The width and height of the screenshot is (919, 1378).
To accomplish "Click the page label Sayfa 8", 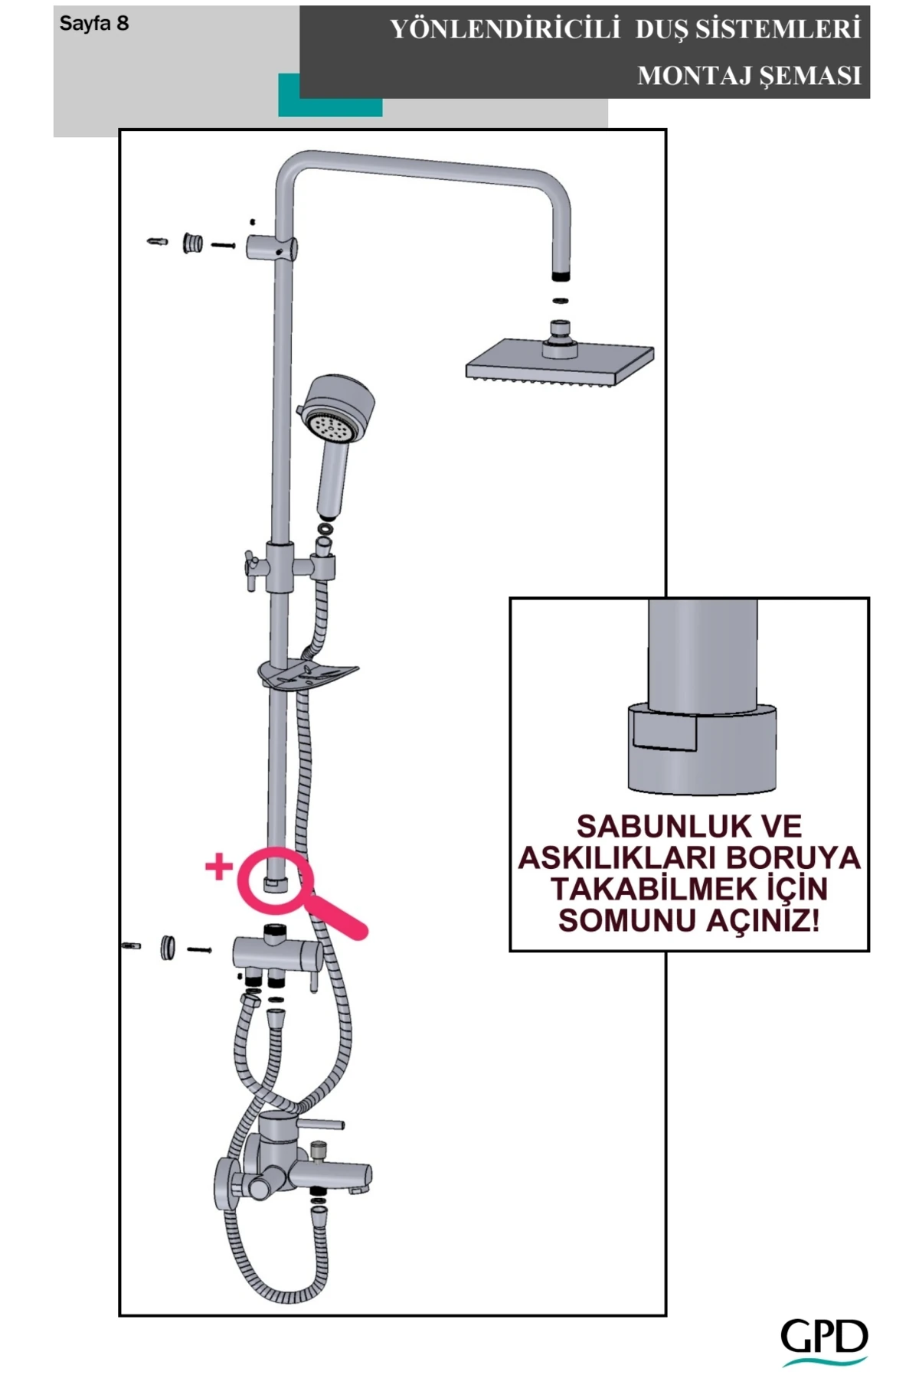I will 94,24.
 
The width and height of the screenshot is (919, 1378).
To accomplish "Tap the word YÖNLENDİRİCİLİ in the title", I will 505,30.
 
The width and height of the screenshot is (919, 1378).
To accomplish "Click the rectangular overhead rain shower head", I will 560,363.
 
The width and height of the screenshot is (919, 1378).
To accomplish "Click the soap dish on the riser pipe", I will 307,674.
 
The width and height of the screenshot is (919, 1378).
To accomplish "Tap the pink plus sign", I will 219,866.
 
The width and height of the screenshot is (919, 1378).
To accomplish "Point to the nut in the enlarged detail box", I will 702,750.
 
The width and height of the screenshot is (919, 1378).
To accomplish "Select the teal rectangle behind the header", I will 329,107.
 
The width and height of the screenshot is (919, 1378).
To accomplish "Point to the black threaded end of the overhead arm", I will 561,275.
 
